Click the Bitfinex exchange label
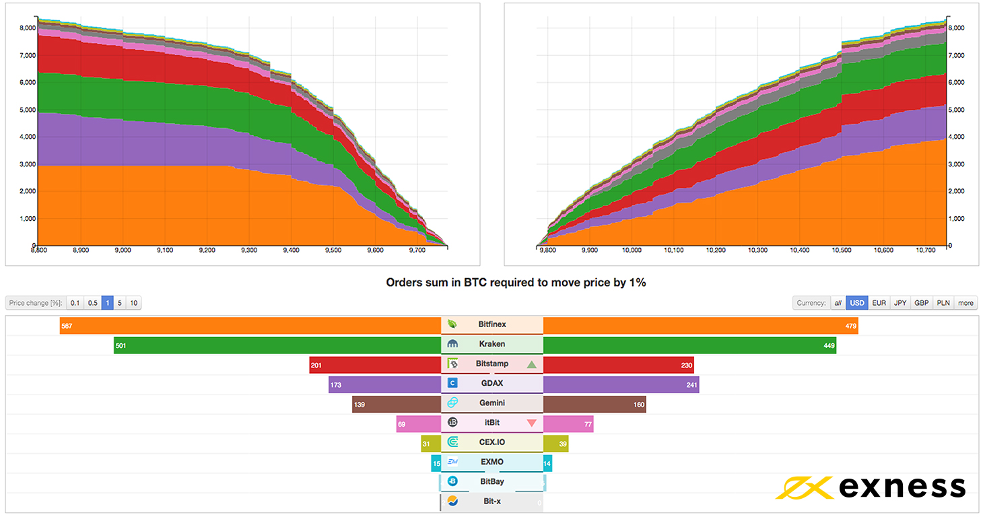point(491,324)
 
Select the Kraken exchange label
point(491,344)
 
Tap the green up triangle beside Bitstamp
point(532,364)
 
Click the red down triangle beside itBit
point(532,423)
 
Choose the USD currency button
point(856,303)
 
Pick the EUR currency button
point(879,303)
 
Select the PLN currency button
point(943,303)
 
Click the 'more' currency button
point(965,303)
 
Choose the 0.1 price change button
point(75,303)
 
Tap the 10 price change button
point(133,303)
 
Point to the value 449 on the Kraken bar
point(829,346)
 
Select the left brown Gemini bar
point(397,404)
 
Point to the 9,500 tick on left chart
point(333,250)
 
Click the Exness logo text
point(902,487)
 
